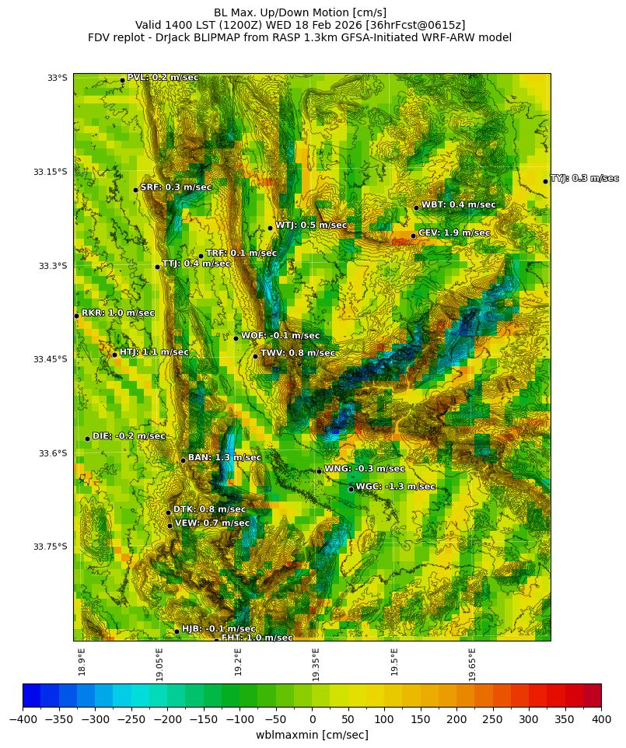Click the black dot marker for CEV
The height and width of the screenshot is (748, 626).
[413, 236]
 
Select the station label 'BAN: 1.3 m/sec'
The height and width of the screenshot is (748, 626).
[224, 458]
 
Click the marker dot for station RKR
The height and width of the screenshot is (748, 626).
[76, 316]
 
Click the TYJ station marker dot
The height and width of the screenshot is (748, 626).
[545, 181]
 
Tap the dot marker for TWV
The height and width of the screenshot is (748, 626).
[255, 356]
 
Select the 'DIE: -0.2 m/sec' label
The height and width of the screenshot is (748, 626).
[128, 436]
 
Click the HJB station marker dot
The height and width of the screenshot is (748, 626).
[177, 631]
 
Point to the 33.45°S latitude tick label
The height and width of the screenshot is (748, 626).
[50, 359]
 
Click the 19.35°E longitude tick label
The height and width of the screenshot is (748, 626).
[316, 664]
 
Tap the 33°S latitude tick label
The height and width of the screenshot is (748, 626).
[57, 78]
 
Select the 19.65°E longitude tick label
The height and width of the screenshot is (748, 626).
[472, 664]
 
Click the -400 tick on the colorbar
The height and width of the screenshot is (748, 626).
[23, 721]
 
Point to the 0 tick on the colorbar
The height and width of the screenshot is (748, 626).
[312, 721]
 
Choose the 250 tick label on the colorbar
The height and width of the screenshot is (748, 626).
[493, 721]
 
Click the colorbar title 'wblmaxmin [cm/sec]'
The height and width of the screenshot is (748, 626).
[312, 735]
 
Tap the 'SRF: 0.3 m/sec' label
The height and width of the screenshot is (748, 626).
[175, 187]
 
